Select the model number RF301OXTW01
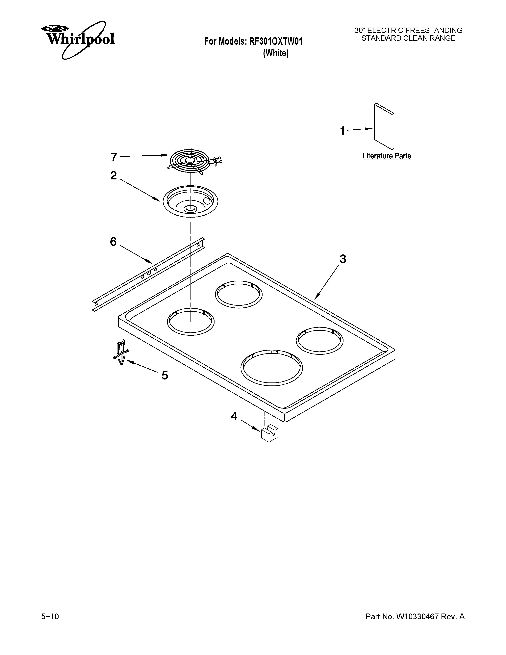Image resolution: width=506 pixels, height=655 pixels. pyautogui.click(x=275, y=41)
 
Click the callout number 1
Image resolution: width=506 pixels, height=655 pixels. pyautogui.click(x=342, y=131)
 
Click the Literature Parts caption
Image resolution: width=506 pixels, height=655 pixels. pyautogui.click(x=387, y=156)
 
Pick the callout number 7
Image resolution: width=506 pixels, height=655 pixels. pyautogui.click(x=114, y=157)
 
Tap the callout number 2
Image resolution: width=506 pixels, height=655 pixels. pyautogui.click(x=113, y=175)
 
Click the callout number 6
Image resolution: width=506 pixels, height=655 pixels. pyautogui.click(x=113, y=241)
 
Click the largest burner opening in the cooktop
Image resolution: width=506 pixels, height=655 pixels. pyautogui.click(x=272, y=367)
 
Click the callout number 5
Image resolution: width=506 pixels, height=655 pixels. pyautogui.click(x=164, y=375)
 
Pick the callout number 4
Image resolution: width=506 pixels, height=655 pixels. pyautogui.click(x=234, y=416)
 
